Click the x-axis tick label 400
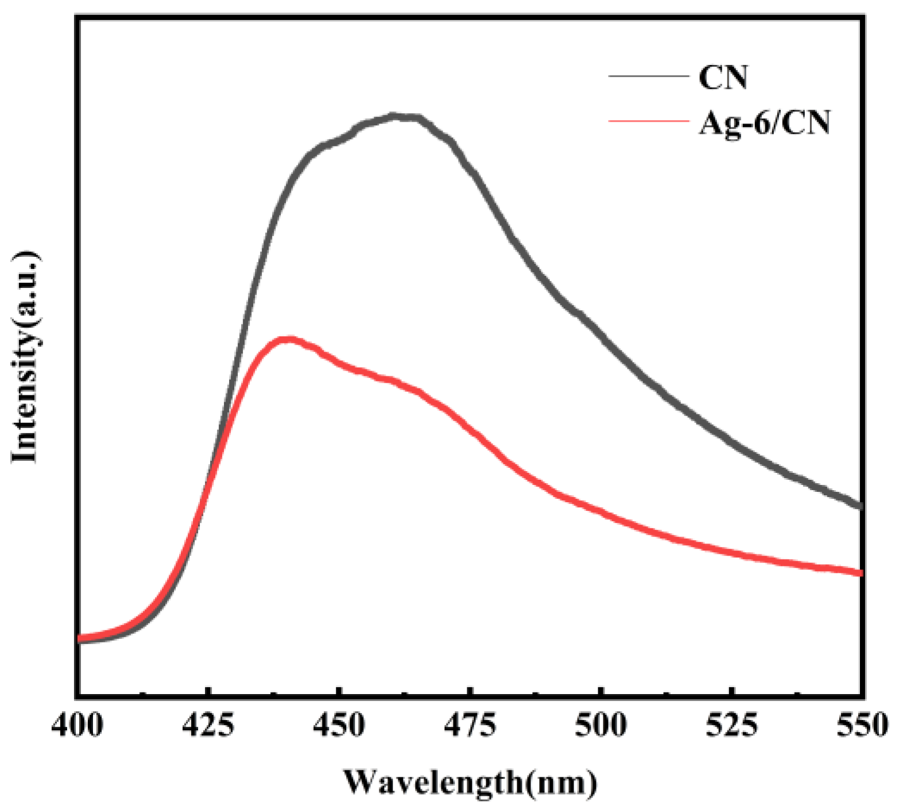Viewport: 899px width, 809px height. pyautogui.click(x=77, y=726)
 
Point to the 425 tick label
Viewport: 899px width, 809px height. pyautogui.click(x=208, y=726)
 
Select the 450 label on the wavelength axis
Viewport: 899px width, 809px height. pyautogui.click(x=339, y=726)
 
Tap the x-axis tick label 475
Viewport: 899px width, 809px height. pyautogui.click(x=470, y=726)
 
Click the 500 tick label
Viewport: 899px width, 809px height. pyautogui.click(x=601, y=726)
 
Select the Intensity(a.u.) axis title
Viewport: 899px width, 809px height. pyautogui.click(x=25, y=356)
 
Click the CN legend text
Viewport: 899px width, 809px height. pyautogui.click(x=723, y=77)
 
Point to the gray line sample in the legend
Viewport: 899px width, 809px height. pyautogui.click(x=648, y=76)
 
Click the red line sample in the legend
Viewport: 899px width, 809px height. pyautogui.click(x=648, y=121)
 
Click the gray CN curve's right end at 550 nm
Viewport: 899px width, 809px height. pyautogui.click(x=860, y=506)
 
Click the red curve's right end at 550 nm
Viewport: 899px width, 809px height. pyautogui.click(x=860, y=572)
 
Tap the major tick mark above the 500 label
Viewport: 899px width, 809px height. pyautogui.click(x=601, y=691)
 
